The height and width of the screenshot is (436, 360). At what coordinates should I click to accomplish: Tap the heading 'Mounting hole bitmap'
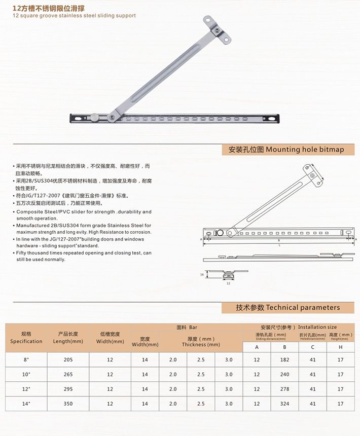click(x=286, y=150)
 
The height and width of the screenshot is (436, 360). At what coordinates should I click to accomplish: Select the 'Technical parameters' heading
click(x=288, y=307)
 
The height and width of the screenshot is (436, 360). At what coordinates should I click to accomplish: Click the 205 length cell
click(x=68, y=359)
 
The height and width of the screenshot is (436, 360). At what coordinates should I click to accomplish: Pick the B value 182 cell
click(x=284, y=359)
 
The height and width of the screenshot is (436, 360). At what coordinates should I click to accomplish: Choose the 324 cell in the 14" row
click(x=284, y=404)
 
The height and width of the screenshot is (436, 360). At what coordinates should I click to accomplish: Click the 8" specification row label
click(x=26, y=359)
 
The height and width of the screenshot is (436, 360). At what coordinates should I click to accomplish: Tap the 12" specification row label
click(x=26, y=389)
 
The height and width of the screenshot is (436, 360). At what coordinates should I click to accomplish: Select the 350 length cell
click(x=68, y=404)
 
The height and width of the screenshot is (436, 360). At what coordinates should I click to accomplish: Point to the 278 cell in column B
click(x=284, y=389)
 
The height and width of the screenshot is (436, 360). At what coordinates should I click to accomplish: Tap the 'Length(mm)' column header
click(x=68, y=338)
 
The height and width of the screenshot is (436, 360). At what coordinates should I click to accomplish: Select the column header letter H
click(x=340, y=347)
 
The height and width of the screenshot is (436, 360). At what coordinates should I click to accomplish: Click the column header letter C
click(x=312, y=347)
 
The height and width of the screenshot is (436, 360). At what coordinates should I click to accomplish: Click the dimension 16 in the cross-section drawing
click(x=201, y=274)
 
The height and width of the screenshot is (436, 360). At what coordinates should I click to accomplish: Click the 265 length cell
click(x=68, y=374)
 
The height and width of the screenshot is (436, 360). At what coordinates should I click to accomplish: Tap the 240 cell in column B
click(x=284, y=374)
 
